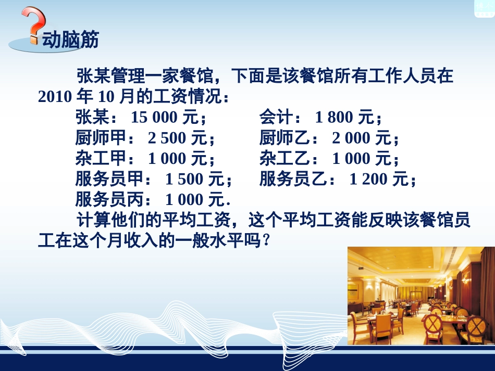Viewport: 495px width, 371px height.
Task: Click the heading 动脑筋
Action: [x=71, y=40]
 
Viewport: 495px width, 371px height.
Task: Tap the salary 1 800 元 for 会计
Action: [x=345, y=118]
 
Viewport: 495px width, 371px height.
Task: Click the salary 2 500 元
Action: [x=178, y=138]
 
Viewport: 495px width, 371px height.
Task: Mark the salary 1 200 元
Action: [x=378, y=180]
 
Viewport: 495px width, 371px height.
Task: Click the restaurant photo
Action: [x=420, y=296]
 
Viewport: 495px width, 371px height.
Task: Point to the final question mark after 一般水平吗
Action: [x=267, y=241]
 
